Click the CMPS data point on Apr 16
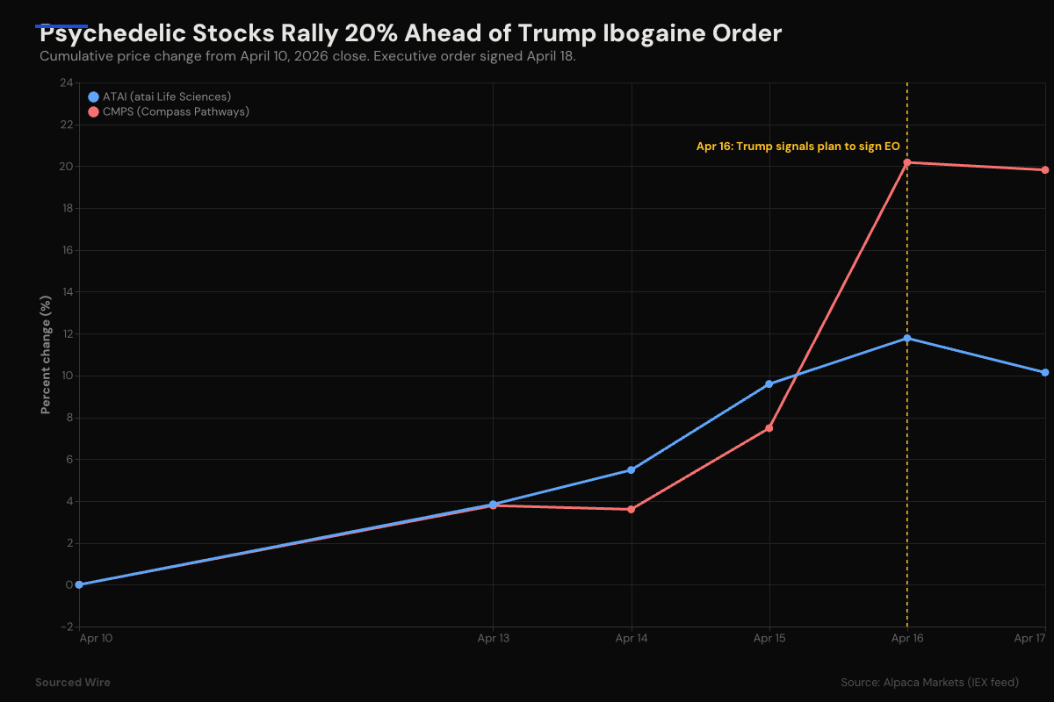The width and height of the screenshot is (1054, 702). [906, 162]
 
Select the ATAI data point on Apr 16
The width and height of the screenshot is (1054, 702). [906, 338]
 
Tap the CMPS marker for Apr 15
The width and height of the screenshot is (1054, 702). [769, 428]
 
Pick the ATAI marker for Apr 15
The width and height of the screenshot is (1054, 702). [769, 383]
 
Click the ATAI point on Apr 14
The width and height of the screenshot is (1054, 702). [631, 470]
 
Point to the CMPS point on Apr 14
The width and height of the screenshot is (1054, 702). [631, 509]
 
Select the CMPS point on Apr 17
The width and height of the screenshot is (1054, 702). [1045, 170]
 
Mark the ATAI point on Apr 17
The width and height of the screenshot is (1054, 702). [1045, 373]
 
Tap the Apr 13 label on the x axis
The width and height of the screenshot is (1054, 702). [493, 639]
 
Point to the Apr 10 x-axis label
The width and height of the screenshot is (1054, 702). [96, 639]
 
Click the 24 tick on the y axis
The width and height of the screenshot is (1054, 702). [66, 83]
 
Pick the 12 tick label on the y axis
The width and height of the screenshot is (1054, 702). [66, 334]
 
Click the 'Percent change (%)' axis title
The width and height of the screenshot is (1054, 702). [46, 355]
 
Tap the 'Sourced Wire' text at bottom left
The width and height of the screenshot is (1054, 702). [73, 682]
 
